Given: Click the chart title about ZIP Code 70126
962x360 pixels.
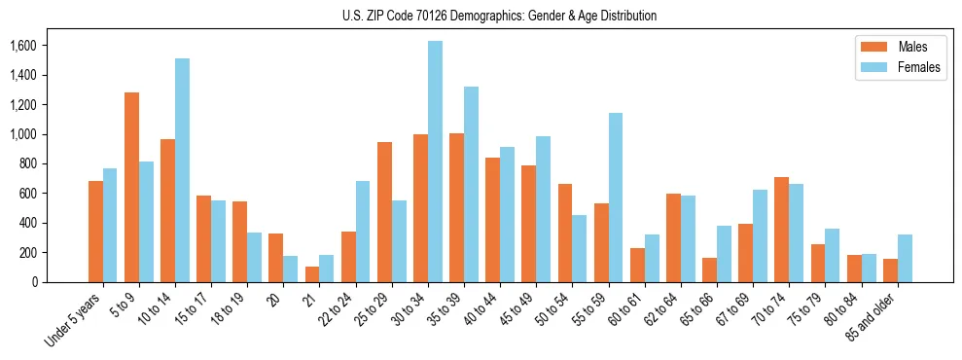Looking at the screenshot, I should point(499,16).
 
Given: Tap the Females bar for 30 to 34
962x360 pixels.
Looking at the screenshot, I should point(435,162).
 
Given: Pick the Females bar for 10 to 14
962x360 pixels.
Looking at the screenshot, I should point(182,170).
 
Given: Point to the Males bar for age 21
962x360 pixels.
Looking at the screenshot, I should point(312,274).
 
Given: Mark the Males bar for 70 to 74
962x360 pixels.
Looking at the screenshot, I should point(782,230).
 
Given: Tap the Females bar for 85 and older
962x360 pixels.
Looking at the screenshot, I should point(905,258).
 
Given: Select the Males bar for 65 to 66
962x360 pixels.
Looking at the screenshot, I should point(710,270).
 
